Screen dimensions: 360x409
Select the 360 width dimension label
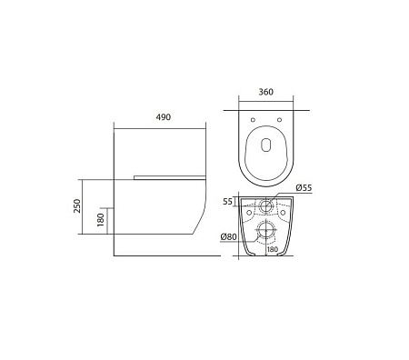(265, 92)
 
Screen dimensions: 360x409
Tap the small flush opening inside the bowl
(265, 146)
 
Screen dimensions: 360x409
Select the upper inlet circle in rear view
(266, 203)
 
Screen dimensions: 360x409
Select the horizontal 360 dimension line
(265, 101)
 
